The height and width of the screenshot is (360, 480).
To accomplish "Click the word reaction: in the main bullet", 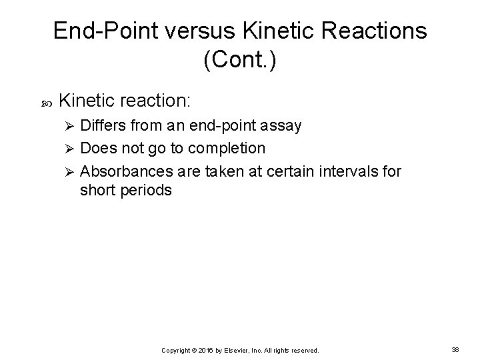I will (x=158, y=101).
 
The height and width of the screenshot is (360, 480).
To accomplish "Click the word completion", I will (x=229, y=148).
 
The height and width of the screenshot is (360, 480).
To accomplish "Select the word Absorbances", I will (x=123, y=171).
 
